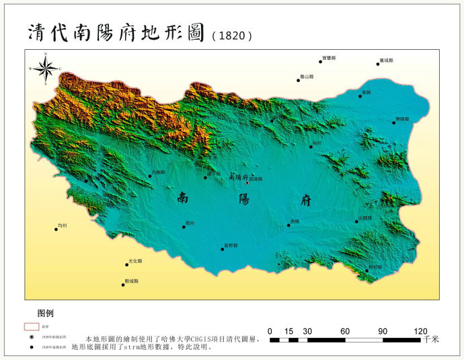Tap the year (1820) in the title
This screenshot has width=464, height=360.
pyautogui.click(x=232, y=36)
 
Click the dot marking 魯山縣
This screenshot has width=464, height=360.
pyautogui.click(x=299, y=81)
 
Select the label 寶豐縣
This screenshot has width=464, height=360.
pyautogui.click(x=328, y=59)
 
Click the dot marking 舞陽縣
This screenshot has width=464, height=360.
pyautogui.click(x=394, y=122)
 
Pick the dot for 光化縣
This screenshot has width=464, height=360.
pyautogui.click(x=126, y=264)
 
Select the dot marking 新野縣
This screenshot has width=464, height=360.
pyautogui.click(x=223, y=250)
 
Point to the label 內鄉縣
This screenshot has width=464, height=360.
pyautogui.click(x=158, y=173)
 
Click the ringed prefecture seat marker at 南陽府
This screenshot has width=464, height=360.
pyautogui.click(x=247, y=182)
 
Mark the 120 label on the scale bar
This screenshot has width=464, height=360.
pyautogui.click(x=420, y=331)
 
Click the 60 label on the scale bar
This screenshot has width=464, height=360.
pyautogui.click(x=345, y=331)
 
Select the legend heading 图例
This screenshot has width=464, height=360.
pyautogui.click(x=46, y=313)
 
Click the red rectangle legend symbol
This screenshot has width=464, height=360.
pyautogui.click(x=31, y=326)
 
